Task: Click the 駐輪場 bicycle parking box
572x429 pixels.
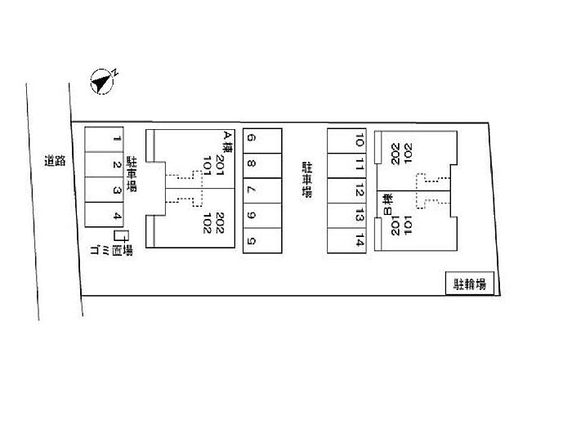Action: point(470,284)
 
